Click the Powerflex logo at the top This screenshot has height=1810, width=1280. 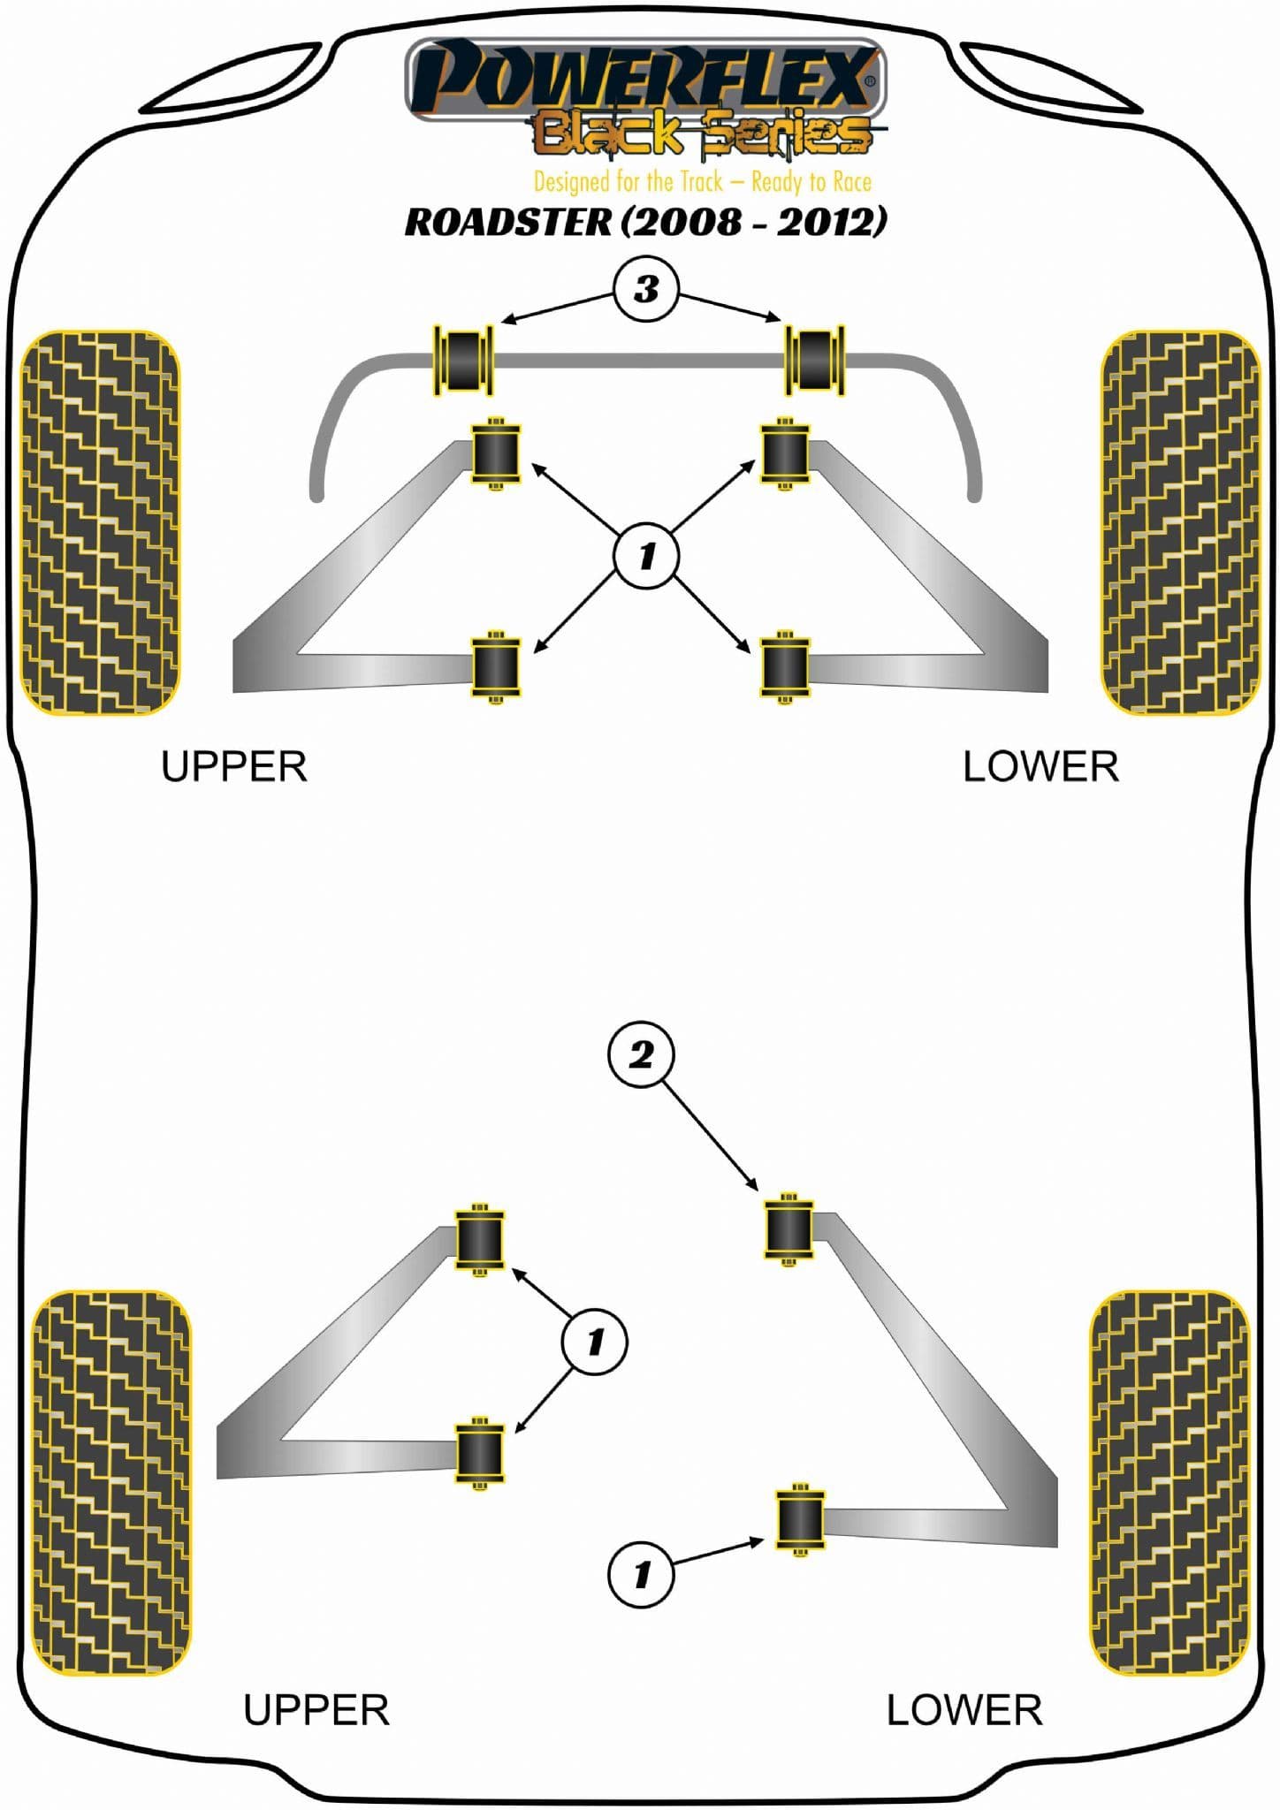644,78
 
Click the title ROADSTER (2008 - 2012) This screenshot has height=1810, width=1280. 645,221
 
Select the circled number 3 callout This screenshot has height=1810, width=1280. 646,289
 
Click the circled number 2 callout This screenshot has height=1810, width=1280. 641,1054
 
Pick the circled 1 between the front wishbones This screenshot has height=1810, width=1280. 646,556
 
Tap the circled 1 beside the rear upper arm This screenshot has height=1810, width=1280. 594,1342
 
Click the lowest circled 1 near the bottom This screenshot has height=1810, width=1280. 641,1573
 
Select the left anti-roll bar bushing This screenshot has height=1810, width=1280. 462,360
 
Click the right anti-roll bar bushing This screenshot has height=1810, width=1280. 815,360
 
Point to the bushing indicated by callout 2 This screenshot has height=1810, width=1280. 789,1227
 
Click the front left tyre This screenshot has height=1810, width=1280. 100,522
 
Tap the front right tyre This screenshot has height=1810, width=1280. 1180,522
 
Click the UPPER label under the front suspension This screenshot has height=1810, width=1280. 233,766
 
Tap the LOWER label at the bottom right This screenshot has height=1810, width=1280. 964,1710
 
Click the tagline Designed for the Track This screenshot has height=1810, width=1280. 702,182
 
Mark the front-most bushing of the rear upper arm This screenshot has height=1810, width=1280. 479,1237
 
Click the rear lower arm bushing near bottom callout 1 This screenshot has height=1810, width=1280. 800,1518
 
